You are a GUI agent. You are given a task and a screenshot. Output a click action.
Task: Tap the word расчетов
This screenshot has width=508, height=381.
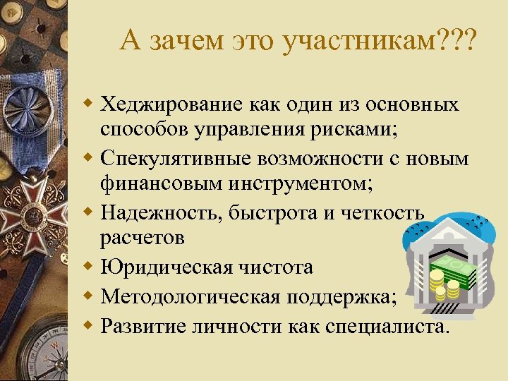pos(142,238)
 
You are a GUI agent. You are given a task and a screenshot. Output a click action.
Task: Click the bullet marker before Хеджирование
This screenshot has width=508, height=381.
pos(90,105)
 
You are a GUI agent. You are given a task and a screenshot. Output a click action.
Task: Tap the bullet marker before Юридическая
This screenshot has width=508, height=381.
pos(90,267)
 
